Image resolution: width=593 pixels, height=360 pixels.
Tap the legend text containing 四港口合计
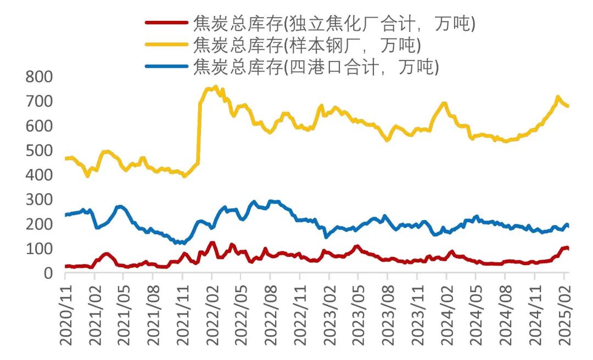[315, 67]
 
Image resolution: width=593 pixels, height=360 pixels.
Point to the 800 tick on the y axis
[39, 77]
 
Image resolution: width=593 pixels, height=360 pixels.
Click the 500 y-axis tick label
[39, 150]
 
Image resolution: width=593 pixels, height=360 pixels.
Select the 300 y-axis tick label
[39, 199]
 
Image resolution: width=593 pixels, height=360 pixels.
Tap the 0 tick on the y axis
[48, 273]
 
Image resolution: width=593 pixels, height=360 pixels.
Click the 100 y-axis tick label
[39, 249]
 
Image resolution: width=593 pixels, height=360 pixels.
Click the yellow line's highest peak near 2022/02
[216, 87]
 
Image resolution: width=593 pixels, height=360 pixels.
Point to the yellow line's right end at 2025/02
[568, 106]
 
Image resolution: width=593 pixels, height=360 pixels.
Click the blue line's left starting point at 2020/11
[66, 215]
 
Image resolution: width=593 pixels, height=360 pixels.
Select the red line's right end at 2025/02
[568, 248]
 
